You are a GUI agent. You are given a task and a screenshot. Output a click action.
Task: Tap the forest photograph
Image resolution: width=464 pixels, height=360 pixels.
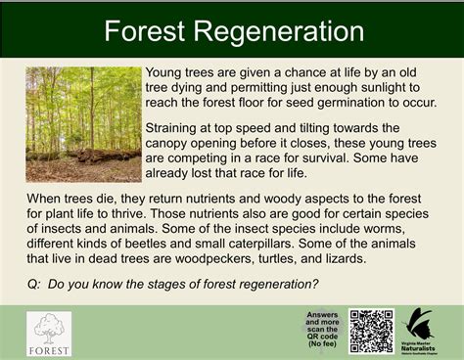coord(82,123)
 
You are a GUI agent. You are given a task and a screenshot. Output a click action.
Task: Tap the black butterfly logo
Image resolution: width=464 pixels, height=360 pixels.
coord(420,324)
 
